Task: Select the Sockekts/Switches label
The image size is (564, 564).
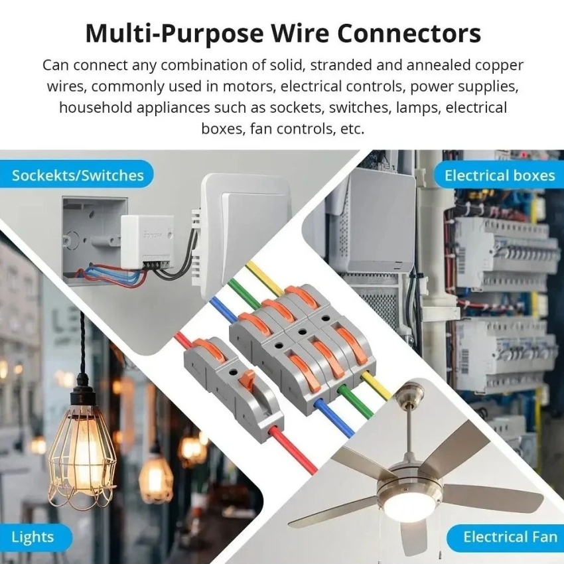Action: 78,176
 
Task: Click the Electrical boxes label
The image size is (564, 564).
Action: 499,176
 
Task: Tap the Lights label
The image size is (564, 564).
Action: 33,536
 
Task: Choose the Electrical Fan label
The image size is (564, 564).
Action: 510,536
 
